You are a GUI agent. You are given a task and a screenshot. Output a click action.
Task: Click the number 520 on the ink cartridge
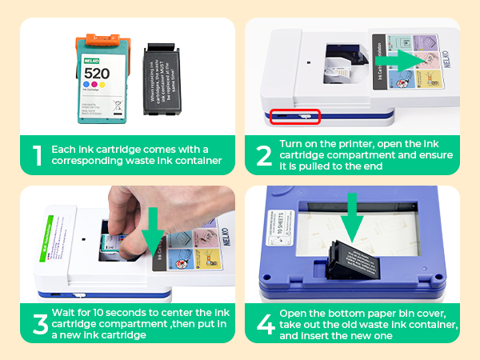point(98,71)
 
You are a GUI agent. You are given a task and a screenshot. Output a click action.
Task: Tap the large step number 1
point(35,155)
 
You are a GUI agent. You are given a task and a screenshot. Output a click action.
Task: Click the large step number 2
point(263,155)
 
